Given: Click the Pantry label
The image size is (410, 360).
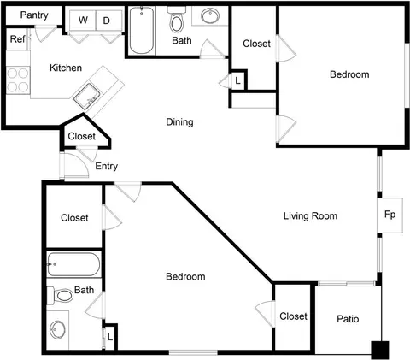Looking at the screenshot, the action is [34, 15].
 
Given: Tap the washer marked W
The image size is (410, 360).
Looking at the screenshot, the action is [83, 21].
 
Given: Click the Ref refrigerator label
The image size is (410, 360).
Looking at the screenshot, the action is [18, 39].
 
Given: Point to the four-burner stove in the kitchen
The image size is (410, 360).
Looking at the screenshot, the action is [18, 80].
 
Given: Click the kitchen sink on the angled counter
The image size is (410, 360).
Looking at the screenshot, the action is [86, 96].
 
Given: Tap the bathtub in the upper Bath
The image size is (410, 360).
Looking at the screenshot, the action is [142, 30].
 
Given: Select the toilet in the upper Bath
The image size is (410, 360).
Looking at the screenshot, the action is [177, 20].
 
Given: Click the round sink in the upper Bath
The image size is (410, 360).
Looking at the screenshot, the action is [210, 15].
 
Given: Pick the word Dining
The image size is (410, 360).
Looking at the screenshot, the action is [179, 122].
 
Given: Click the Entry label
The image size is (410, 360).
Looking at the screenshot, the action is [106, 166].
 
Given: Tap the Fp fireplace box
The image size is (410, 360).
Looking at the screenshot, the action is [389, 215].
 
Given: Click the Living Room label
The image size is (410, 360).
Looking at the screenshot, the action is [310, 215].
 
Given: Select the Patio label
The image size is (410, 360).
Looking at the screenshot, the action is [348, 319].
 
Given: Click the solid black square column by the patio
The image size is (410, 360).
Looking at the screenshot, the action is [380, 350].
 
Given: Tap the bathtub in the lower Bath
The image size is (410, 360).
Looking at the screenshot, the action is [73, 264].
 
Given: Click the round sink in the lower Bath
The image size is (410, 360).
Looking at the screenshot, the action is [57, 330].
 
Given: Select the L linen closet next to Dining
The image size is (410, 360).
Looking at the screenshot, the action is [237, 80].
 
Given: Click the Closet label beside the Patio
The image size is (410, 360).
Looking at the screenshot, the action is [293, 316].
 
